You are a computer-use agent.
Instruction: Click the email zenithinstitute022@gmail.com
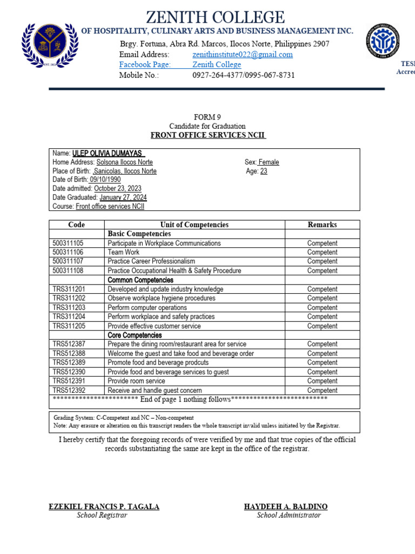pyautogui.click(x=243, y=55)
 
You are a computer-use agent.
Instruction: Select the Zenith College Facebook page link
pyautogui.click(x=217, y=65)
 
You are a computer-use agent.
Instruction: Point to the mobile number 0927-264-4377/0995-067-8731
pyautogui.click(x=244, y=75)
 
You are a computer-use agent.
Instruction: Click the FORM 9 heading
pyautogui.click(x=207, y=117)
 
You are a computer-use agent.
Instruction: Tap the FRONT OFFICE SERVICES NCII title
pyautogui.click(x=207, y=135)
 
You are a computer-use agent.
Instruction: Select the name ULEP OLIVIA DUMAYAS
pyautogui.click(x=108, y=153)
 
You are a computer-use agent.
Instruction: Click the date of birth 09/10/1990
pyautogui.click(x=105, y=180)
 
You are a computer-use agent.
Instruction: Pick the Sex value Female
pyautogui.click(x=269, y=162)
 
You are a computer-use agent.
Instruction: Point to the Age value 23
pyautogui.click(x=264, y=171)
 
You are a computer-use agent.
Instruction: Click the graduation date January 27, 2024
pyautogui.click(x=123, y=197)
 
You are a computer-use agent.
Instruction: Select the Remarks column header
pyautogui.click(x=322, y=225)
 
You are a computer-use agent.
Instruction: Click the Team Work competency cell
pyautogui.click(x=123, y=252)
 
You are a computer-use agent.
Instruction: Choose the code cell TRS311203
pyautogui.click(x=69, y=307)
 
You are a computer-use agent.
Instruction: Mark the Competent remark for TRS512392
pyautogui.click(x=322, y=390)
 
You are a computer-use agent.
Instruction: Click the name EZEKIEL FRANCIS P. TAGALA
pyautogui.click(x=104, y=506)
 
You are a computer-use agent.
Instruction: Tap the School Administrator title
pyautogui.click(x=289, y=515)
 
